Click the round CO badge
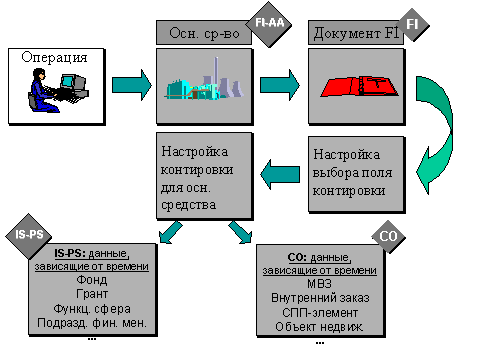pyautogui.click(x=390, y=236)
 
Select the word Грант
pyautogui.click(x=91, y=294)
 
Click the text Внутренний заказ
pyautogui.click(x=319, y=297)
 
